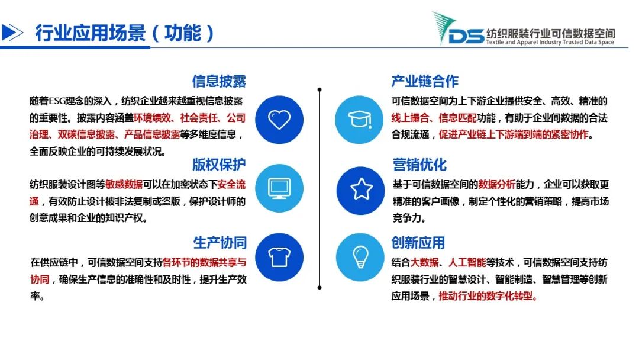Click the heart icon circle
(279, 120)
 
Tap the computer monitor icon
(279, 188)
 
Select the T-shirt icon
(279, 257)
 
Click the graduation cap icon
(360, 120)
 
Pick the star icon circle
(361, 191)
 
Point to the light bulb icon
(360, 257)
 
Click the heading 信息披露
(220, 81)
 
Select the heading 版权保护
(220, 164)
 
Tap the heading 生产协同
(220, 243)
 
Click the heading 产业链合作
(425, 81)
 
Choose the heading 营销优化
(419, 164)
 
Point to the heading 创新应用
(418, 243)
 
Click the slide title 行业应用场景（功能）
(124, 33)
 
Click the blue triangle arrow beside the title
(12, 33)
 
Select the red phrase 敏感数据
(124, 184)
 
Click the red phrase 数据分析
(496, 184)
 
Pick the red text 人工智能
(467, 262)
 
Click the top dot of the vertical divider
(319, 89)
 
